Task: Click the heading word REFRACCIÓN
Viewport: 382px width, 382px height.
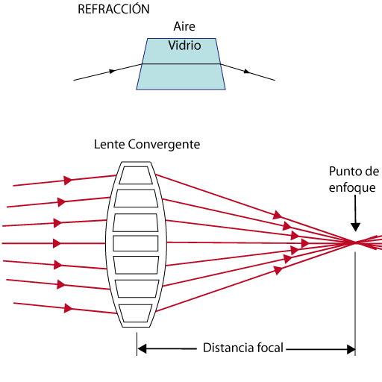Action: tap(113, 10)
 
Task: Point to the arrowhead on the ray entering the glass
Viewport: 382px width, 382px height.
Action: tap(113, 71)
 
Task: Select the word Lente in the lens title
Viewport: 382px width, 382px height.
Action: tap(109, 143)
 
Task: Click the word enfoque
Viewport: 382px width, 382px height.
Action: tap(352, 188)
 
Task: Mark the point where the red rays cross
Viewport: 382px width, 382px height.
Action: tap(356, 242)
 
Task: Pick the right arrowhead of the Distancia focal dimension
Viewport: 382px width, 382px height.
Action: tap(350, 348)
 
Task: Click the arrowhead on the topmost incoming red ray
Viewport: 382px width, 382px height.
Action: tap(68, 180)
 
